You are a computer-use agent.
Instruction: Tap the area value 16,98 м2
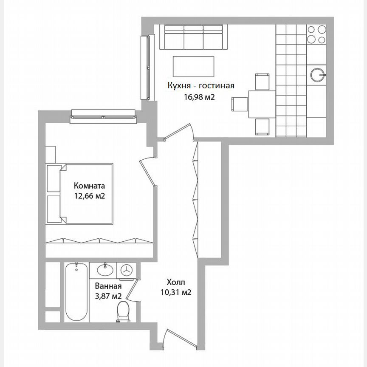pyautogui.click(x=198, y=97)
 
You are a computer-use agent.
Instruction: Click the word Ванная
pyautogui.click(x=106, y=286)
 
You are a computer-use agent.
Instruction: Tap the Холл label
pyautogui.click(x=176, y=282)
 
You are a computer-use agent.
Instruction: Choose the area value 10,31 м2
pyautogui.click(x=176, y=292)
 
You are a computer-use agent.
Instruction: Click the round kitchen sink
pyautogui.click(x=317, y=75)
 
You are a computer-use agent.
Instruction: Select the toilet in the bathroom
pyautogui.click(x=124, y=313)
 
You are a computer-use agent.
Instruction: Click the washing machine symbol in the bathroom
pyautogui.click(x=127, y=270)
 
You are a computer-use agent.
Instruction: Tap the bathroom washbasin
pyautogui.click(x=104, y=269)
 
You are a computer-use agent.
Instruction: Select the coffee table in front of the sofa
pyautogui.click(x=193, y=65)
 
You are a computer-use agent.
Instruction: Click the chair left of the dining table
pyautogui.click(x=240, y=103)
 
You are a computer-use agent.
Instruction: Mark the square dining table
pyautogui.click(x=262, y=103)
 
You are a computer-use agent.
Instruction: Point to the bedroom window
pyautogui.click(x=104, y=114)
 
